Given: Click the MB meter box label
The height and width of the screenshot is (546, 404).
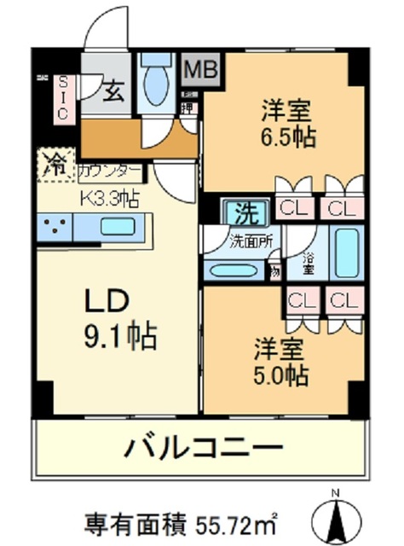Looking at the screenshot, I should [202, 69].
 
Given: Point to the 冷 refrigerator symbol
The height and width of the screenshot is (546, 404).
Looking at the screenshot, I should [54, 164].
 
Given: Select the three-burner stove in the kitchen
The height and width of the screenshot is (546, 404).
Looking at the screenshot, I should [55, 227].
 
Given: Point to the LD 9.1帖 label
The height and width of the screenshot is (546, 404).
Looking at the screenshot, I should [118, 319].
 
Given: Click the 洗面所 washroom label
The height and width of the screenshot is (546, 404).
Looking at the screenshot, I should [251, 241].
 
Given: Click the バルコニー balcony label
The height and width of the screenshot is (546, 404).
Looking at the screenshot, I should [205, 446].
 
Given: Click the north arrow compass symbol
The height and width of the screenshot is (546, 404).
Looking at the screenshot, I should [338, 516].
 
